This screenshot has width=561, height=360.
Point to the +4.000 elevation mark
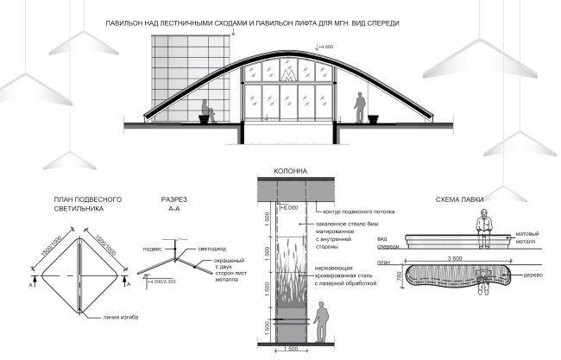[x=325, y=45]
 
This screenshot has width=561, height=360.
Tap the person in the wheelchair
[x=205, y=111]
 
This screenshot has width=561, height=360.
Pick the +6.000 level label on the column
[x=288, y=207]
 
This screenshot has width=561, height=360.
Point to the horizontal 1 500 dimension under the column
[x=290, y=350]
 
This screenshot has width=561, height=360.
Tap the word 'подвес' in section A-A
[x=153, y=247]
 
